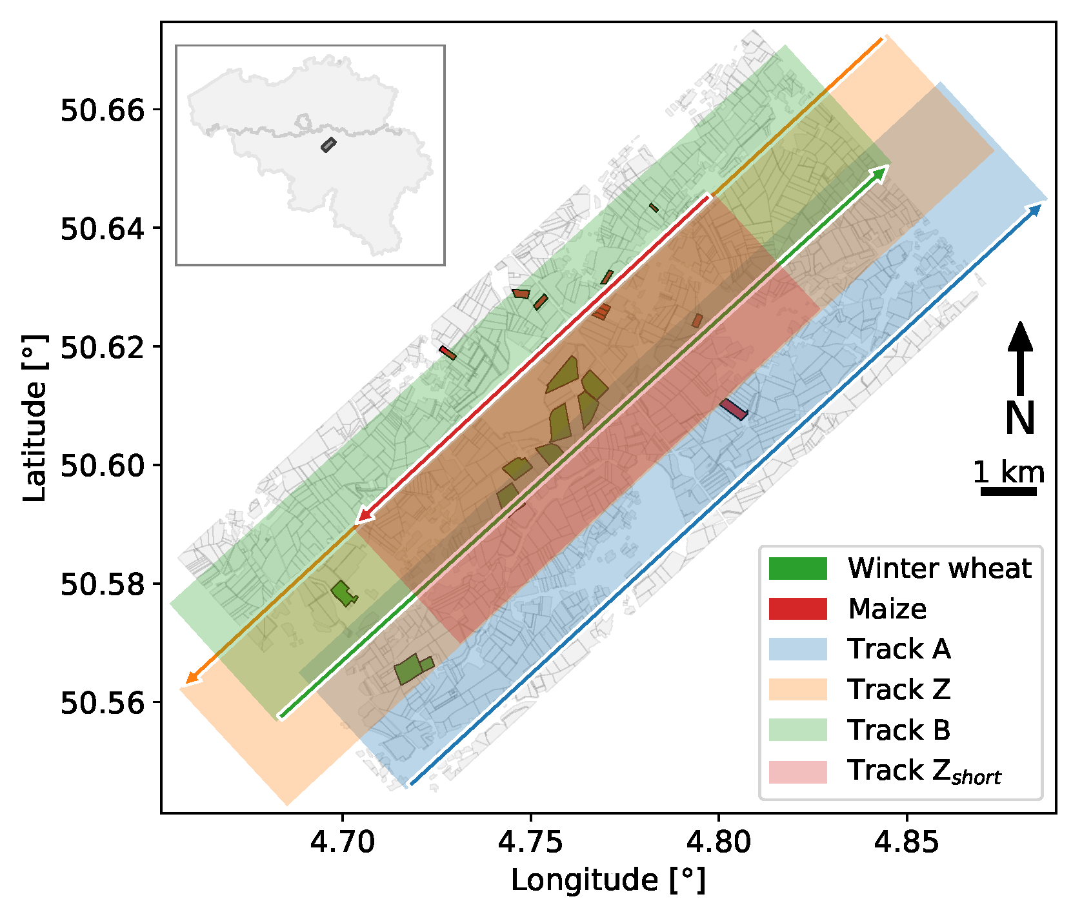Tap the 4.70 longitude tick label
342,842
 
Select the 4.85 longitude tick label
907,842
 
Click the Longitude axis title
608,880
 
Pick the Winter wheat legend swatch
797,568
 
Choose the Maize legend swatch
797,609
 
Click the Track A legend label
899,649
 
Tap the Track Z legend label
899,689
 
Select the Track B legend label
899,730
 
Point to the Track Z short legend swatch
797,771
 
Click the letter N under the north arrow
1020,419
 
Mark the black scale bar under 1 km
1008,491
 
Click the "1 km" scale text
1008,473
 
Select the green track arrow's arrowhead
882,170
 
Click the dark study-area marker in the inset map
328,144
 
